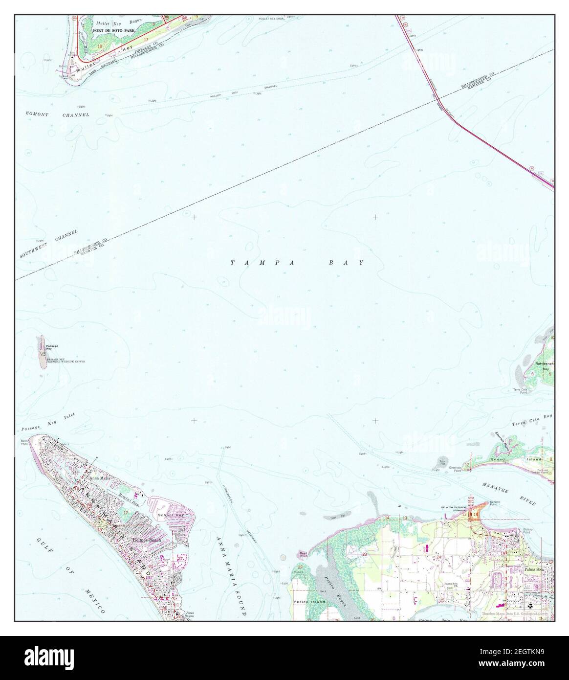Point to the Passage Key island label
pos(52,347)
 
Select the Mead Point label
pos(303,554)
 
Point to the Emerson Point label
pos(456,469)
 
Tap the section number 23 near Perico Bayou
pos(365,554)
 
